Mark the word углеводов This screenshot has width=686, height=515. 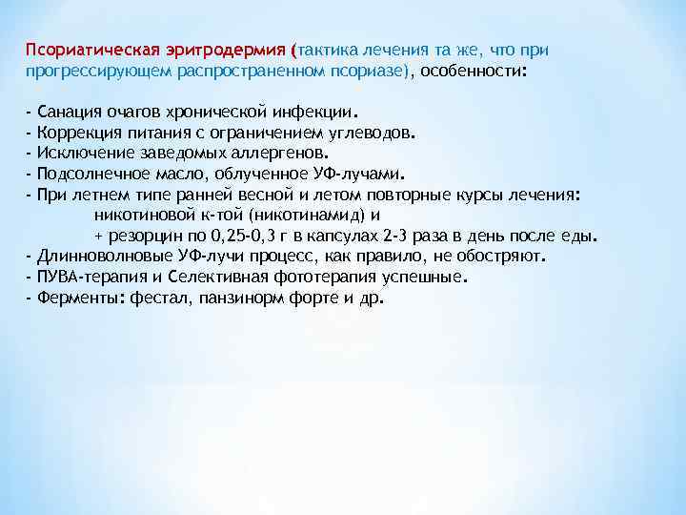click(x=369, y=133)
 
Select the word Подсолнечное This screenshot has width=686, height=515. click(x=88, y=175)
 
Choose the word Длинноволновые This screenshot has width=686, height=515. click(x=96, y=257)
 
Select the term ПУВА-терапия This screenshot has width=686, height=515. click(x=84, y=277)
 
